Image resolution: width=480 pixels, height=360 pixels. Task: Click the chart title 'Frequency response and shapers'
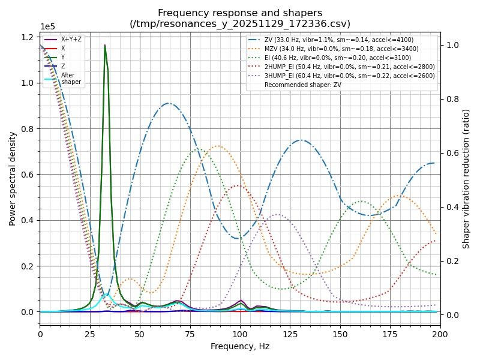pos(240,13)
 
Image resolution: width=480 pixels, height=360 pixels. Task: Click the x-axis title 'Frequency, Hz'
pos(240,346)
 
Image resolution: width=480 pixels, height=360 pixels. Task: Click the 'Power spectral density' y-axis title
pos(13,178)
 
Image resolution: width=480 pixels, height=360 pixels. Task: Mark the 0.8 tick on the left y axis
pos(26,128)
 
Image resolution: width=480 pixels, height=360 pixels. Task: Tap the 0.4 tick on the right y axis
pos(451,207)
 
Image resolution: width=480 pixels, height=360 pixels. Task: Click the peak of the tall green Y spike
pos(105,45)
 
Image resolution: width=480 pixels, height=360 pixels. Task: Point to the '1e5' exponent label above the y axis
pos(47,27)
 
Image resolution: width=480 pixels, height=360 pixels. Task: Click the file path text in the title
pos(240,23)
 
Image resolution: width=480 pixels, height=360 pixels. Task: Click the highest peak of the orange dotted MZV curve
pos(218,146)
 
